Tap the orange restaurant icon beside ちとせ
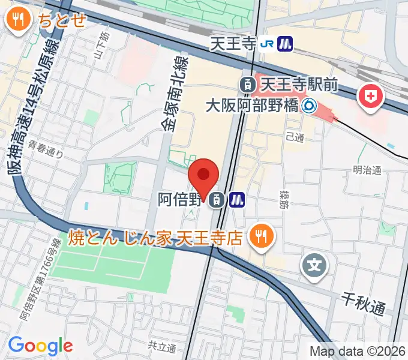[x=19, y=20]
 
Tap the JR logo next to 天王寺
[x=269, y=43]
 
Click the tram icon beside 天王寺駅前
[x=246, y=85]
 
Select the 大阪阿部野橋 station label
[x=251, y=107]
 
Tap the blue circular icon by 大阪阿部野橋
[x=309, y=107]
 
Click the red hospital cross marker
[x=371, y=96]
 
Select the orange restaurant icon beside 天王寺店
[x=263, y=236]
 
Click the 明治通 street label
[x=367, y=170]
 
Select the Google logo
[x=40, y=345]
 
